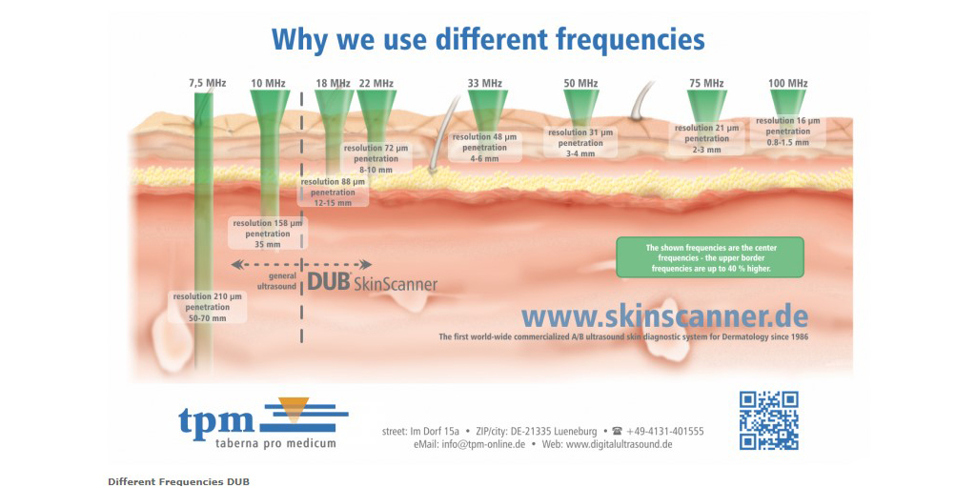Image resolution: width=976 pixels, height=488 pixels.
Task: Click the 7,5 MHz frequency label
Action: tap(207, 84)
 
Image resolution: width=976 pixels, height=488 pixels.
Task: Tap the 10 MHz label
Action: tap(268, 84)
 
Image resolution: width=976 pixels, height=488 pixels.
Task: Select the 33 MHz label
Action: tap(484, 84)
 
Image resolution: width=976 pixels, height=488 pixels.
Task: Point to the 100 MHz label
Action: tap(787, 84)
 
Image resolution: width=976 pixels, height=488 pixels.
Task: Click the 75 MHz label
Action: tap(705, 84)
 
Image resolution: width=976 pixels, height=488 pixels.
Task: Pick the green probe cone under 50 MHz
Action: tap(580, 104)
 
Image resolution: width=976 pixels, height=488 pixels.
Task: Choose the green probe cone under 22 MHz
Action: tap(376, 108)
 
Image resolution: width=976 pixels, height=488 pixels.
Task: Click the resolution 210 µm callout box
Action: tap(207, 307)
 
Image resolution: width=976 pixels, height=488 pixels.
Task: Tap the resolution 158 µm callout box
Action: tap(268, 234)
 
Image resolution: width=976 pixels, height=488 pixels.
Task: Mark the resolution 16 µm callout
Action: tap(787, 132)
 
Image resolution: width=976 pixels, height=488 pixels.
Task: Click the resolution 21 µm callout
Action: tap(706, 138)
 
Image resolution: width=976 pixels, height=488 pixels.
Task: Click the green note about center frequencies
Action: tap(710, 257)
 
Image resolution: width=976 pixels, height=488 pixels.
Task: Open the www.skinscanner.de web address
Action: tap(664, 316)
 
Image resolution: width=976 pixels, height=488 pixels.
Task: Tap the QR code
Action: tap(768, 420)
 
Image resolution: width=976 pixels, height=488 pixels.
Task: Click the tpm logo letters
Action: tap(216, 419)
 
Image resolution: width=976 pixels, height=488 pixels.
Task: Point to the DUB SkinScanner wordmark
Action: tap(373, 282)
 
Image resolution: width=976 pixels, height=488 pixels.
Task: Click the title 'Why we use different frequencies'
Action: tap(488, 39)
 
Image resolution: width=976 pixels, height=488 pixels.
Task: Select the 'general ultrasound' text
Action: tap(276, 280)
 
